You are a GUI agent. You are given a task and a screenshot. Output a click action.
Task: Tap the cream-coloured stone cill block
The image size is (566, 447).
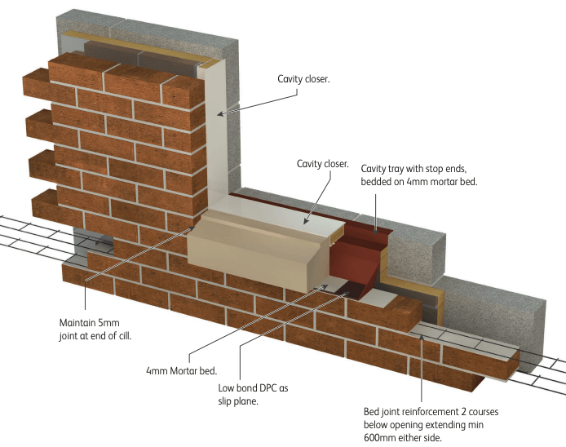245,245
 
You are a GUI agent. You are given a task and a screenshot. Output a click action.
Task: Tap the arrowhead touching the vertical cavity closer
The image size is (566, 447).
221,113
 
